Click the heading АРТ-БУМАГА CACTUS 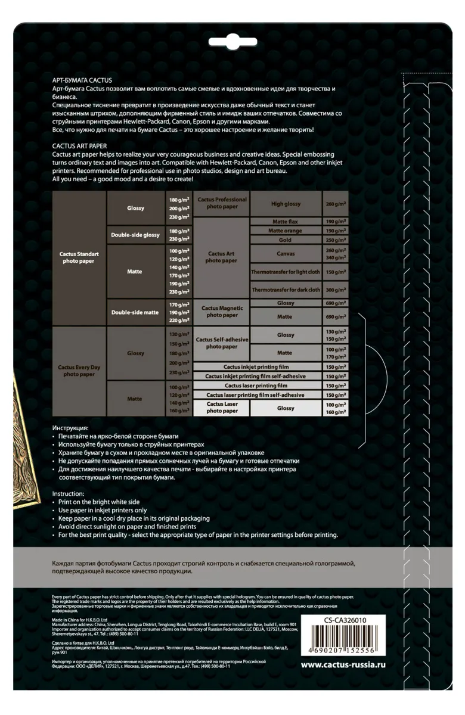(82, 80)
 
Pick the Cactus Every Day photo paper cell (79, 371)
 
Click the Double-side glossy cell (135, 235)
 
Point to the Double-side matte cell (135, 312)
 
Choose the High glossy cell (286, 204)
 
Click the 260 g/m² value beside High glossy (336, 204)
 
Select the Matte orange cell (286, 230)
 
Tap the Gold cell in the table (286, 240)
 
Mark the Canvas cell (286, 254)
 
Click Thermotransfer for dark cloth (286, 290)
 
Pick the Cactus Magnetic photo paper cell (222, 311)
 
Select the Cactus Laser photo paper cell (222, 408)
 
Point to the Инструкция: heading (70, 428)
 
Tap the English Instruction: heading (72, 493)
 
